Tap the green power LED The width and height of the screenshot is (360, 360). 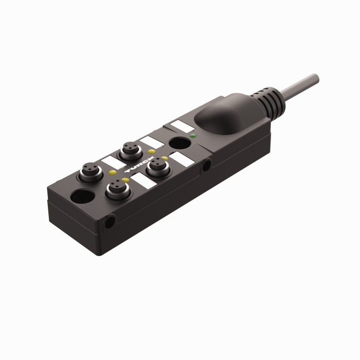pos(192,136)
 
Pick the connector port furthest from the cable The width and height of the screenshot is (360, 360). pos(85,174)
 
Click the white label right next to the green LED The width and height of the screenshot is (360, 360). pos(180,125)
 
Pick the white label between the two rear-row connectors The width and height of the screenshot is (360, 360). pos(111,163)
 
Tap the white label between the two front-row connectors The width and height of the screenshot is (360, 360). pos(139,181)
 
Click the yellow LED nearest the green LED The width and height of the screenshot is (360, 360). pos(164,158)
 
